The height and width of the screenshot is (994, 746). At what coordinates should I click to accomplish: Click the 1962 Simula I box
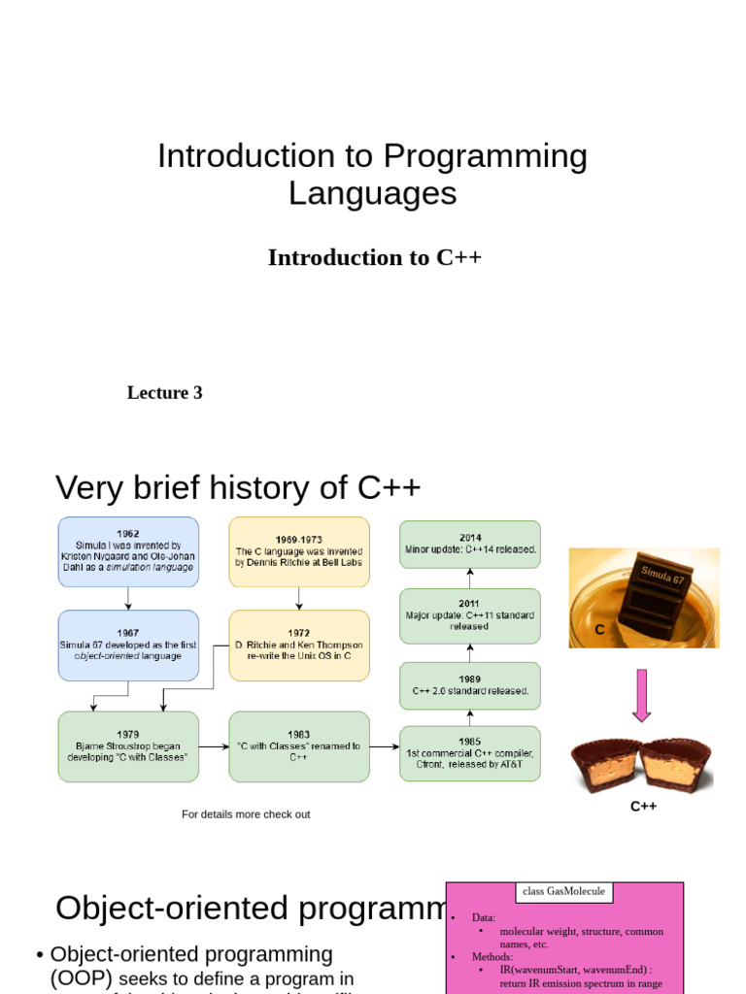pyautogui.click(x=128, y=551)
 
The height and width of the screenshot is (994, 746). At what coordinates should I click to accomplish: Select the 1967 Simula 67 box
pyautogui.click(x=128, y=645)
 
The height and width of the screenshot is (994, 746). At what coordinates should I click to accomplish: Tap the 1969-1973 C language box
pyautogui.click(x=299, y=551)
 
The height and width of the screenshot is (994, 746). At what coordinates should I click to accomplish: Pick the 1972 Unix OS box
pyautogui.click(x=299, y=645)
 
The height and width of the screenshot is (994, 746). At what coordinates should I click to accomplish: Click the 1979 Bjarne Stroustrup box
pyautogui.click(x=128, y=746)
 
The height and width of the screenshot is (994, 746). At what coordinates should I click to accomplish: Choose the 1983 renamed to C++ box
pyautogui.click(x=299, y=746)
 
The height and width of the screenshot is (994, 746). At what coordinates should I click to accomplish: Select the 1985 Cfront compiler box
pyautogui.click(x=470, y=753)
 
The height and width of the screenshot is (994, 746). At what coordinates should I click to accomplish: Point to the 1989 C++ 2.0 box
pyautogui.click(x=470, y=685)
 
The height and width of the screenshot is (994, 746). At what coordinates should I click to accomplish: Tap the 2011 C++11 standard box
pyautogui.click(x=470, y=615)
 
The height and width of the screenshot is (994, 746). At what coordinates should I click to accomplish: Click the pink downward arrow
pyautogui.click(x=641, y=695)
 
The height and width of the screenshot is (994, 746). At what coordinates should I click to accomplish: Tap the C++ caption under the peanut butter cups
pyautogui.click(x=643, y=806)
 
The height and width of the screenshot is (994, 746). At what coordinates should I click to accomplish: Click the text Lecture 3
pyautogui.click(x=165, y=393)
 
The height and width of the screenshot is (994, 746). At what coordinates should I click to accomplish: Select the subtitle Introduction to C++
pyautogui.click(x=375, y=257)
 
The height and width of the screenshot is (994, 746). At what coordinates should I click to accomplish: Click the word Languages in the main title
pyautogui.click(x=372, y=193)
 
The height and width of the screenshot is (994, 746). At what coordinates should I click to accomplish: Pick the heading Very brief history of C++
pyautogui.click(x=238, y=487)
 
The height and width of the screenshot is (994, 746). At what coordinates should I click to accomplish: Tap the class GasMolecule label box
pyautogui.click(x=563, y=891)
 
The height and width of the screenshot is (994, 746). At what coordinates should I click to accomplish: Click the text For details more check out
pyautogui.click(x=246, y=814)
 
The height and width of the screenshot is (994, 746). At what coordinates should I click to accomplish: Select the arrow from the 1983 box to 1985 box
pyautogui.click(x=385, y=746)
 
